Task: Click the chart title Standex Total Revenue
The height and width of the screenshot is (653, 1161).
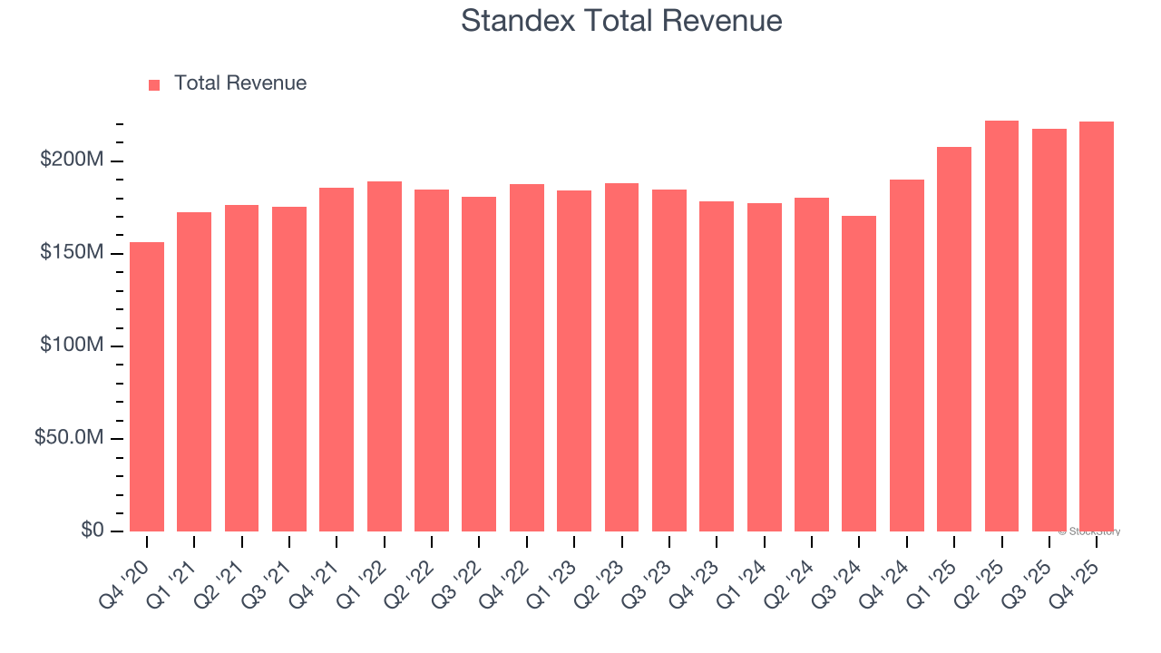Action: (x=621, y=20)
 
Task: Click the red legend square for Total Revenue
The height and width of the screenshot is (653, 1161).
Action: (x=154, y=84)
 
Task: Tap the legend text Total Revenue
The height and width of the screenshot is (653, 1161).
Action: (x=240, y=83)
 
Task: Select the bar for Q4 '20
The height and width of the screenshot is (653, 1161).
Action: (x=147, y=386)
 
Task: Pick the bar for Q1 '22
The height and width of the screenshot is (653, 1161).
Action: (x=385, y=356)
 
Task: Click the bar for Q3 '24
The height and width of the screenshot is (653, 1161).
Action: (x=859, y=374)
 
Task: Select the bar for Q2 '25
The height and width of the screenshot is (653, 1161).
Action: (x=1001, y=326)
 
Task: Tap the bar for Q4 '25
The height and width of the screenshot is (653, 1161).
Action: (x=1096, y=326)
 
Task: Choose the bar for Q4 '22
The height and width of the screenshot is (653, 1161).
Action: (x=527, y=357)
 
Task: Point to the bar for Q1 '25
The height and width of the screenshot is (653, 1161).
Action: (x=954, y=339)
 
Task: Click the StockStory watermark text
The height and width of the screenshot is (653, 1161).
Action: (x=1088, y=531)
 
